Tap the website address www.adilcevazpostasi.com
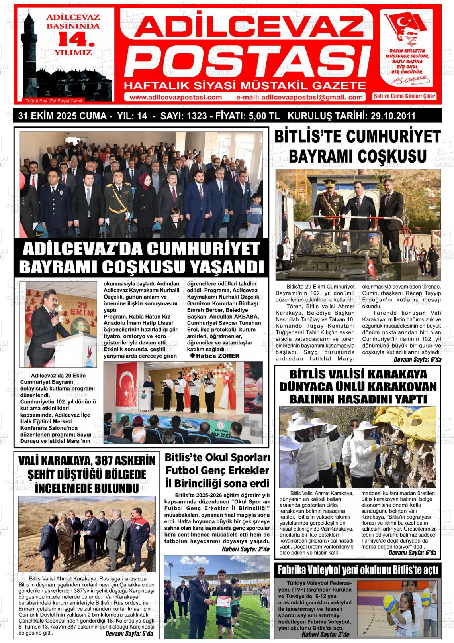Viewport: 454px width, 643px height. click(176, 97)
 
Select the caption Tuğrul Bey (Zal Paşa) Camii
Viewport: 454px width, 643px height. click(53, 101)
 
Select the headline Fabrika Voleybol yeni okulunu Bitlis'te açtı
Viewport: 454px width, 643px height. click(358, 570)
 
